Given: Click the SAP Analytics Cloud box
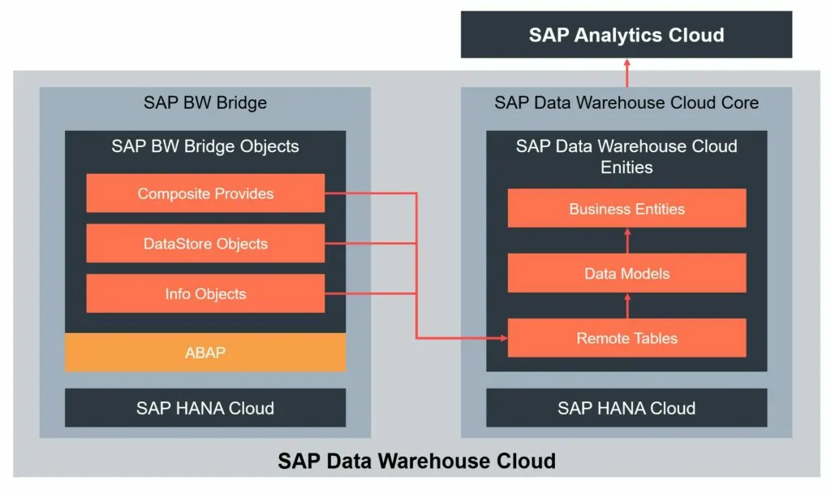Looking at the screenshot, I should (626, 35).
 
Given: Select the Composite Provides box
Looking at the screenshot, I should (205, 193).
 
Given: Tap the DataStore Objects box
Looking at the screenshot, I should (205, 244).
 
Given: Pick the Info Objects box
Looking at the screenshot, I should (205, 294).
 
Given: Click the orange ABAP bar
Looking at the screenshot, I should (205, 353).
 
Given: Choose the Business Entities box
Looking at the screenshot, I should (626, 209).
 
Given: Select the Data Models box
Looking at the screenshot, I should (626, 273).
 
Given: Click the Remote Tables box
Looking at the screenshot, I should (626, 338).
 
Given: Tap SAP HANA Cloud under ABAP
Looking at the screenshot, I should (205, 408).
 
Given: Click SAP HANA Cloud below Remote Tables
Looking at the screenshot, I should (626, 408).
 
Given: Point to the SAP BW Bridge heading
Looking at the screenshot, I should (205, 102).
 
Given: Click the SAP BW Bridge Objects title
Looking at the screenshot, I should (205, 147).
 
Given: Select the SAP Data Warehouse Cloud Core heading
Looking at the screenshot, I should (626, 102).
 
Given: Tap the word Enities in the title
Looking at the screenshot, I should (626, 167).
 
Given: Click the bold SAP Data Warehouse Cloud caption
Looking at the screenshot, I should (416, 461).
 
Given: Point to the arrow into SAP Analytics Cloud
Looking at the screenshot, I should (626, 72).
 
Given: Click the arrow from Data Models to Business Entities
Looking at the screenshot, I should (626, 240).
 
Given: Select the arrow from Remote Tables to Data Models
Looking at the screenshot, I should (626, 305).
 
